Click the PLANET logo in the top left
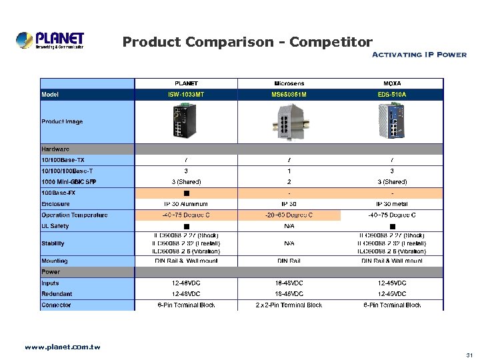(51, 41)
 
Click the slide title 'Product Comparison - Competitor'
(247, 43)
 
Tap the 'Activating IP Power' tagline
(418, 55)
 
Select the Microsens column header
(289, 83)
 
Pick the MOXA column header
(392, 83)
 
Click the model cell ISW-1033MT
(186, 95)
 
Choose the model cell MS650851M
(289, 95)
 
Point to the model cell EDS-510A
(392, 95)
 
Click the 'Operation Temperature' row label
(75, 215)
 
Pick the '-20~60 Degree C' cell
(289, 215)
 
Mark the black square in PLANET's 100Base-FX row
(186, 193)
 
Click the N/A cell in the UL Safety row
(289, 227)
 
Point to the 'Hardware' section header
(55, 149)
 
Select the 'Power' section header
(51, 272)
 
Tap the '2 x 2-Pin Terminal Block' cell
(289, 305)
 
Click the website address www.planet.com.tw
(62, 347)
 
